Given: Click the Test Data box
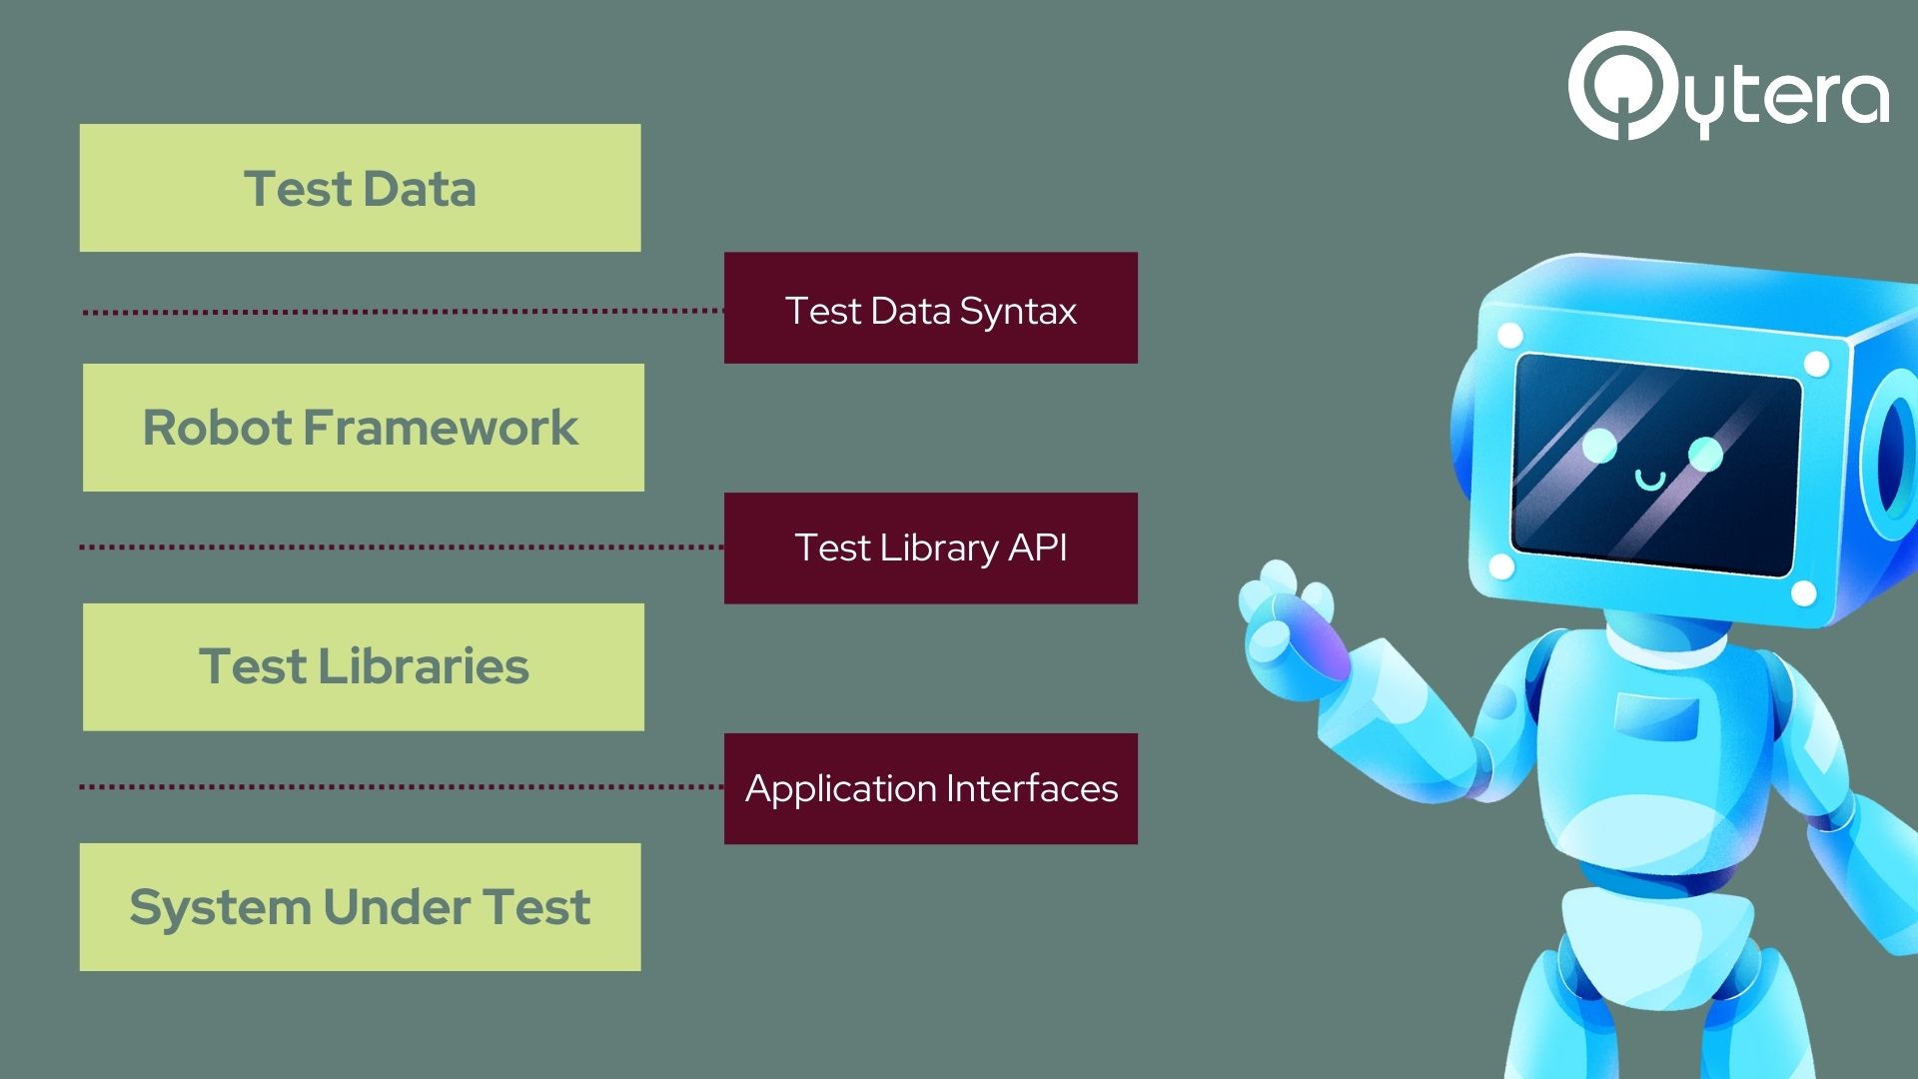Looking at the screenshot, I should pyautogui.click(x=360, y=188).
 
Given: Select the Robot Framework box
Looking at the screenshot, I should pyautogui.click(x=363, y=428).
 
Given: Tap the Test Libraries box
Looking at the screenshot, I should pyautogui.click(x=363, y=666).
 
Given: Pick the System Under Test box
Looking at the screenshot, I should pyautogui.click(x=360, y=907).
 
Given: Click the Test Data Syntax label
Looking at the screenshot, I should pyautogui.click(x=930, y=309).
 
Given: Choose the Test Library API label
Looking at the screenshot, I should pyautogui.click(x=930, y=547).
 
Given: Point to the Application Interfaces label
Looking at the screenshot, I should pyautogui.click(x=930, y=788).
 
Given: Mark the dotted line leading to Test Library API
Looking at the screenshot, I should pyautogui.click(x=401, y=547).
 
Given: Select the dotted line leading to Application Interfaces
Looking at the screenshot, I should pyautogui.click(x=401, y=787).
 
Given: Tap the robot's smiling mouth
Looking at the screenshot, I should pyautogui.click(x=1649, y=481).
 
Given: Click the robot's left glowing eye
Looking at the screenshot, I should pyautogui.click(x=1599, y=446).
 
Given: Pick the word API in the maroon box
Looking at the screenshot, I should pyautogui.click(x=1038, y=547).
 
